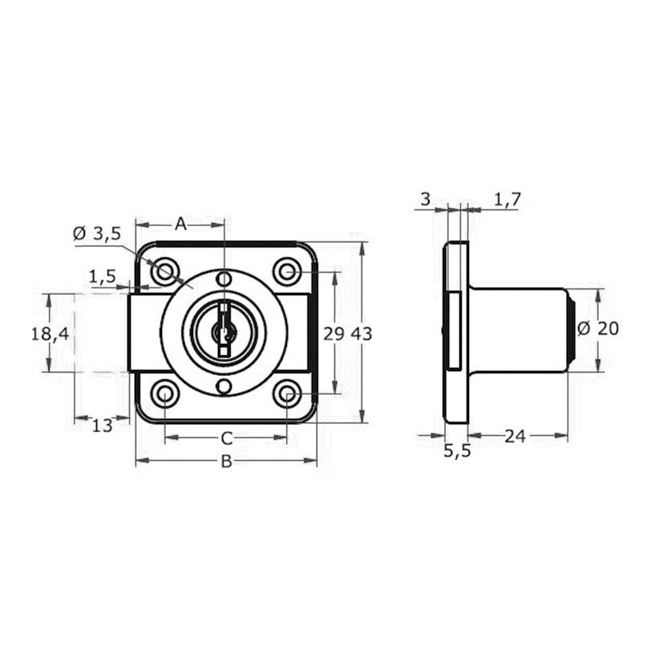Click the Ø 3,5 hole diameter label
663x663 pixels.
[97, 233]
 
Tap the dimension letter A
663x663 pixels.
[180, 224]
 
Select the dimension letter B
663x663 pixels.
[227, 461]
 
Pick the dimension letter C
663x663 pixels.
[227, 439]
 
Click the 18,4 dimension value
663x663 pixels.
[50, 334]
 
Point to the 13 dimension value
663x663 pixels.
[102, 426]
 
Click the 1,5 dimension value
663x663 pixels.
[102, 277]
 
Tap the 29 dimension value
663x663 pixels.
[334, 334]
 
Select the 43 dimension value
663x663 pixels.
[362, 334]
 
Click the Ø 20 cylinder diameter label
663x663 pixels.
[598, 329]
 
